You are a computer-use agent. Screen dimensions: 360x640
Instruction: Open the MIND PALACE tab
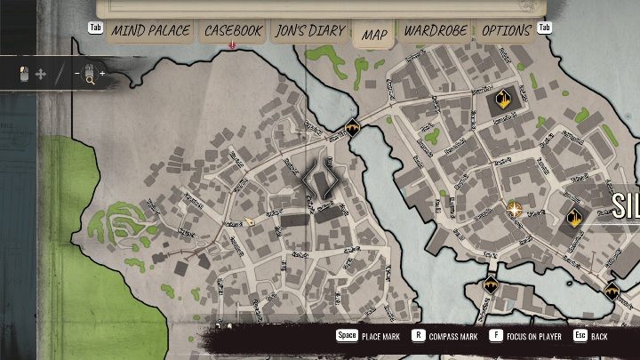[x=150, y=31]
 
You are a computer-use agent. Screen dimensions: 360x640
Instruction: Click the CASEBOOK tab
[x=233, y=31]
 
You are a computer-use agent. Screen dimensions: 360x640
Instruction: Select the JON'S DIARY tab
[x=309, y=31]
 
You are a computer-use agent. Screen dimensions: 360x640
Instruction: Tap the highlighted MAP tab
[x=374, y=35]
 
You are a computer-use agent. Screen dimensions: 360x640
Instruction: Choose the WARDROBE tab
[x=436, y=31]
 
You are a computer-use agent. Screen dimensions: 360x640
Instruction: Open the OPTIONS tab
[x=506, y=31]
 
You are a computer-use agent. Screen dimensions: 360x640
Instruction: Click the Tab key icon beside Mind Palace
[x=95, y=28]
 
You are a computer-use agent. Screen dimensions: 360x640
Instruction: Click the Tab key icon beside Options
[x=545, y=28]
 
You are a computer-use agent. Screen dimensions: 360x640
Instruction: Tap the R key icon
[x=420, y=337]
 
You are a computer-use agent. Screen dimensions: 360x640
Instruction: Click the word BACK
[x=600, y=338]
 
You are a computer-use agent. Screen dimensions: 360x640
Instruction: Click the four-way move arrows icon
[x=41, y=75]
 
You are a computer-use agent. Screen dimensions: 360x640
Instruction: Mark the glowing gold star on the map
[x=515, y=209]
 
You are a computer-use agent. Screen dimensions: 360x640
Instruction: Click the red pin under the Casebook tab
[x=232, y=44]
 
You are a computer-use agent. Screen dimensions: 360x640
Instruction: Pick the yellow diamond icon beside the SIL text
[x=574, y=216]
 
